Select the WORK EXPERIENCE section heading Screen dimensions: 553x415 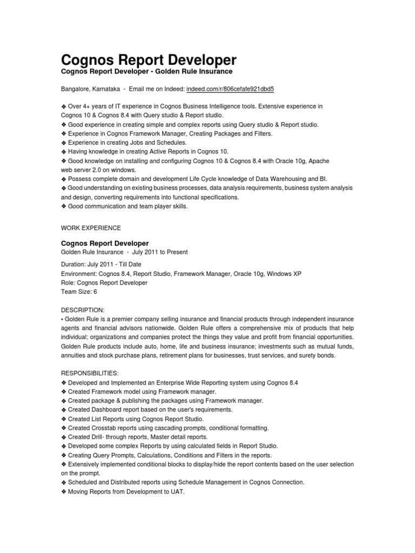coord(90,228)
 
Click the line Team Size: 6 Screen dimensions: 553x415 coord(79,292)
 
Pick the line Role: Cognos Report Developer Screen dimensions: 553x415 coord(104,282)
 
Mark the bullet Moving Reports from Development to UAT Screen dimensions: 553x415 coord(126,491)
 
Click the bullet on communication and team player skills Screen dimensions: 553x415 coord(128,206)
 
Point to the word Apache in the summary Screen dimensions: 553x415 coord(319,161)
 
